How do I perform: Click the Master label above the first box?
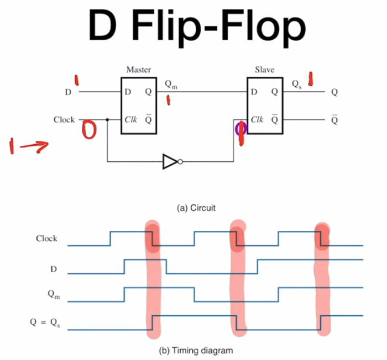point(138,70)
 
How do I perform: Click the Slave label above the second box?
point(264,70)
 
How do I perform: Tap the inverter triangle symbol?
point(170,162)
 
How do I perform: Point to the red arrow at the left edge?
point(27,146)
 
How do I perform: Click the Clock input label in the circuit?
point(64,119)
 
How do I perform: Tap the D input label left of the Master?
point(68,92)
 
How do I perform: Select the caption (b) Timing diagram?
point(193,350)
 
